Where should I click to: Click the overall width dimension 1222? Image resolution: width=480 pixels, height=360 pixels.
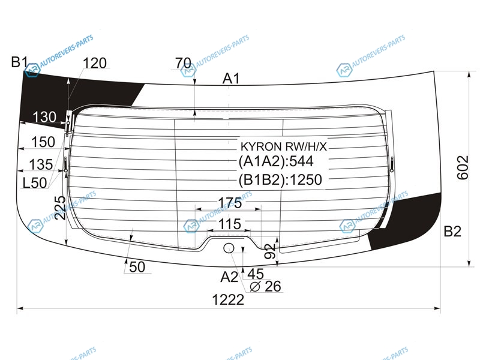point(228,299)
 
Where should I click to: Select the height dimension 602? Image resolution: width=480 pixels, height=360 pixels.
point(463,167)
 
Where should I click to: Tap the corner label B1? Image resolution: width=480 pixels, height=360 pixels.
point(19,62)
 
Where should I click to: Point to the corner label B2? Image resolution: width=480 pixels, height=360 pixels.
point(452,232)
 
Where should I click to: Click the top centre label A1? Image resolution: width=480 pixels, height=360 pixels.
point(231,79)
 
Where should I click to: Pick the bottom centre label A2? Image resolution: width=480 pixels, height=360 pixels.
point(229,277)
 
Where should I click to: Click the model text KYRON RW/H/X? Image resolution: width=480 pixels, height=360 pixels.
point(284,147)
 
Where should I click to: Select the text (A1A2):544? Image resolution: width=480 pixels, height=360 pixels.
point(276,161)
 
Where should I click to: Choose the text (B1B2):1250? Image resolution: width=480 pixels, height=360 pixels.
point(280,179)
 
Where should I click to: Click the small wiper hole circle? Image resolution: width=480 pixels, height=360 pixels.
point(229,248)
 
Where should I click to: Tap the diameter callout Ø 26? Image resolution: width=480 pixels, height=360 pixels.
point(265,287)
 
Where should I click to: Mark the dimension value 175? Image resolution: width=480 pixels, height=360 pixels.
point(230,203)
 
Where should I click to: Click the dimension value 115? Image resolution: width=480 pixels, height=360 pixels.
point(230,224)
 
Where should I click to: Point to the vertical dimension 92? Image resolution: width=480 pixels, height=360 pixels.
point(270,251)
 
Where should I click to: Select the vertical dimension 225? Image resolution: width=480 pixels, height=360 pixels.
point(62,208)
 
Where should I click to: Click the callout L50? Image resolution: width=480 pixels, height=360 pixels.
point(35,183)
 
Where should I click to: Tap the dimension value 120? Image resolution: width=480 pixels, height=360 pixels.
point(95,63)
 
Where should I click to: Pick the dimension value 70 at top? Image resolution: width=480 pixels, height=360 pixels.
point(184,64)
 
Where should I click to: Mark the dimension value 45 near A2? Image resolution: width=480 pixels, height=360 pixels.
point(256,274)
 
